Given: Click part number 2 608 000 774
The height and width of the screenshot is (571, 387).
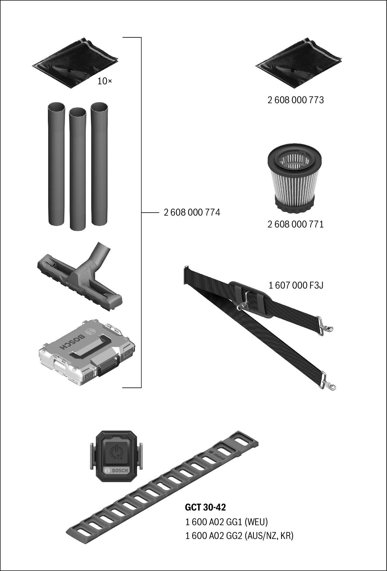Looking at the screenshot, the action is [x=192, y=212].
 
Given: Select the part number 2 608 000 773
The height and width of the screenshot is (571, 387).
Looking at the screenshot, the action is [x=296, y=100].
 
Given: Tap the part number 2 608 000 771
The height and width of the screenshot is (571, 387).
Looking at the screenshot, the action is [x=296, y=224].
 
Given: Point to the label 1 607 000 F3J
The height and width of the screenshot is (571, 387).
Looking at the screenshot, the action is [x=296, y=285].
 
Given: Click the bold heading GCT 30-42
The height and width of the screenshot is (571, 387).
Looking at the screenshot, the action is [x=205, y=507].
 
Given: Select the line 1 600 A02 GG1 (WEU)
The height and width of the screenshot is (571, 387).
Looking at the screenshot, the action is [x=226, y=522].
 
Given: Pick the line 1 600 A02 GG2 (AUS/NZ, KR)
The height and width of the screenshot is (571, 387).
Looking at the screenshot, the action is [x=239, y=536].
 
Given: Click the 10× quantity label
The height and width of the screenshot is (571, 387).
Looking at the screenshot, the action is [x=105, y=81].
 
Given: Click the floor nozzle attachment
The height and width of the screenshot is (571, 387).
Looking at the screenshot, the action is [x=79, y=277].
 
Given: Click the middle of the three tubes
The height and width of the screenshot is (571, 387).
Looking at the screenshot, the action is [x=78, y=169].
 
